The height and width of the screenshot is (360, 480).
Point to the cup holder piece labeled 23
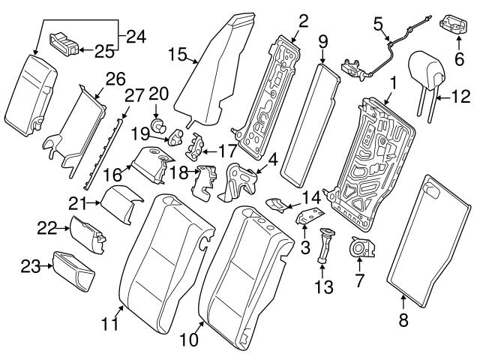pos(73,268)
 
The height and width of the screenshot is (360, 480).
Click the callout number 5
pos(379,23)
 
